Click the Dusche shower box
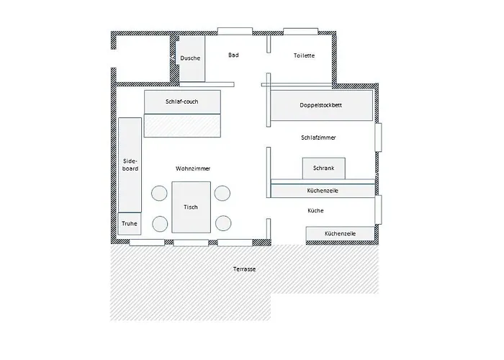pyautogui.click(x=191, y=58)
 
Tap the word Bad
pyautogui.click(x=233, y=55)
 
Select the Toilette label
pyautogui.click(x=304, y=56)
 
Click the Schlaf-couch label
pyautogui.click(x=181, y=102)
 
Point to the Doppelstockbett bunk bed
pyautogui.click(x=321, y=106)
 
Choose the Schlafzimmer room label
pyautogui.click(x=318, y=137)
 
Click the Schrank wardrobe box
pyautogui.click(x=323, y=168)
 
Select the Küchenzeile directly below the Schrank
pyautogui.click(x=323, y=190)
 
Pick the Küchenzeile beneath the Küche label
pyautogui.click(x=340, y=234)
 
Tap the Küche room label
pyautogui.click(x=315, y=211)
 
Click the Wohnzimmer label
pyautogui.click(x=193, y=168)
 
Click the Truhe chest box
pyautogui.click(x=130, y=223)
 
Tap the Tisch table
pyautogui.click(x=191, y=207)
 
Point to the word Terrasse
pyautogui.click(x=244, y=269)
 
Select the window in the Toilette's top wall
pyautogui.click(x=300, y=31)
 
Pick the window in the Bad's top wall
pyautogui.click(x=234, y=31)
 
